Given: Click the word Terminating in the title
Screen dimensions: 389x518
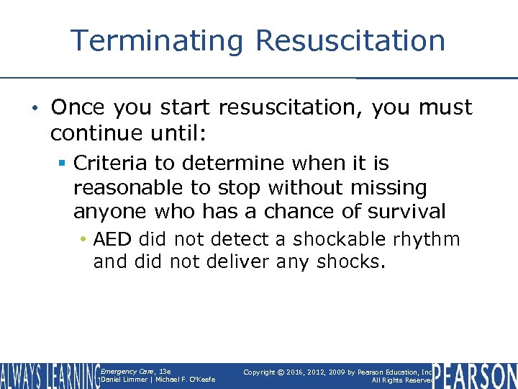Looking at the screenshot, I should (158, 40).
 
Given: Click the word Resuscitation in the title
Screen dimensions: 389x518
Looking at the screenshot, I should (350, 40).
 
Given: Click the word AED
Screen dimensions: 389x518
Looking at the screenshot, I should (113, 239).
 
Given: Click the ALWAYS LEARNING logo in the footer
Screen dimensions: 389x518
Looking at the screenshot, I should (49, 375).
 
